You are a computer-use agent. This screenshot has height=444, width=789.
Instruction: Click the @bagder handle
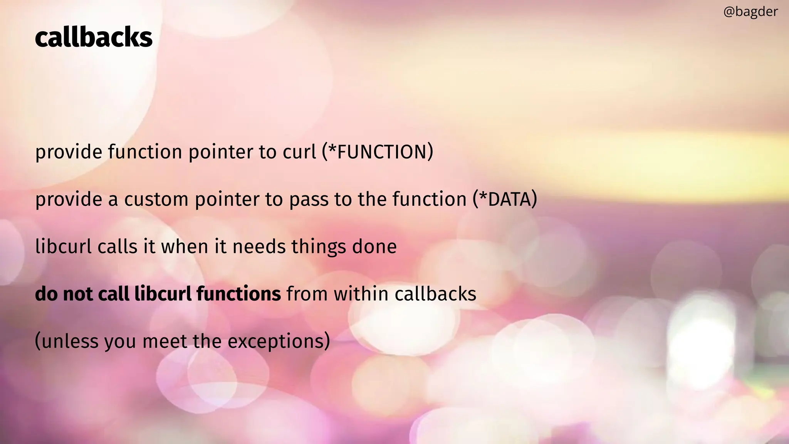pyautogui.click(x=750, y=12)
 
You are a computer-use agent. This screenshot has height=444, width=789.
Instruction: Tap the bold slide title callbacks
pyautogui.click(x=94, y=38)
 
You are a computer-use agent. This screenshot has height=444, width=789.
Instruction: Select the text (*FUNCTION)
pyautogui.click(x=378, y=151)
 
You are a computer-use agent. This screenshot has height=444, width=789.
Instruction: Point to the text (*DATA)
pyautogui.click(x=505, y=199)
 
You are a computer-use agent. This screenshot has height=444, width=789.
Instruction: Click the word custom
pyautogui.click(x=156, y=199)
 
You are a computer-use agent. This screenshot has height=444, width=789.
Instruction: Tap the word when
pyautogui.click(x=185, y=246)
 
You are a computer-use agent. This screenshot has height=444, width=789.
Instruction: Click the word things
pyautogui.click(x=319, y=247)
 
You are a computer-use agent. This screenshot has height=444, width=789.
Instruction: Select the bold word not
pyautogui.click(x=77, y=294)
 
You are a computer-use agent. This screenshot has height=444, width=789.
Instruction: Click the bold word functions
pyautogui.click(x=238, y=294)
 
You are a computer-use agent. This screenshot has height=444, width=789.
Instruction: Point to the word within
pyautogui.click(x=361, y=294)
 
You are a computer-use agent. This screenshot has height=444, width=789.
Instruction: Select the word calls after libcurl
pyautogui.click(x=118, y=246)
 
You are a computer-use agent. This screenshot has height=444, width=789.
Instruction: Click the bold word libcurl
pyautogui.click(x=162, y=294)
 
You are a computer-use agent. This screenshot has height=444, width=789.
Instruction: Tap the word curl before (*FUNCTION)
pyautogui.click(x=299, y=151)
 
